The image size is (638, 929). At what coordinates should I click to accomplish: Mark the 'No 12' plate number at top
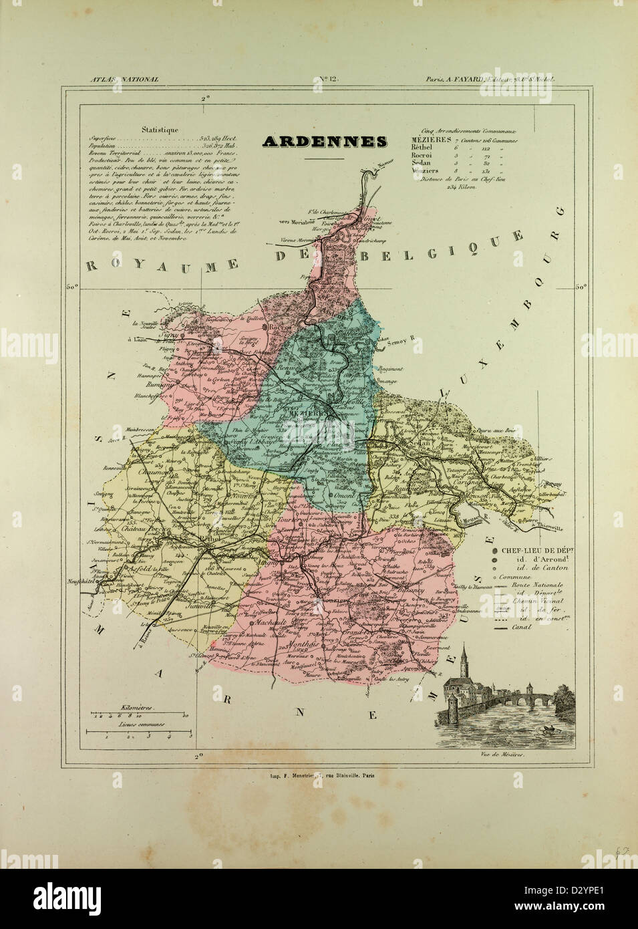pos(330,80)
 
